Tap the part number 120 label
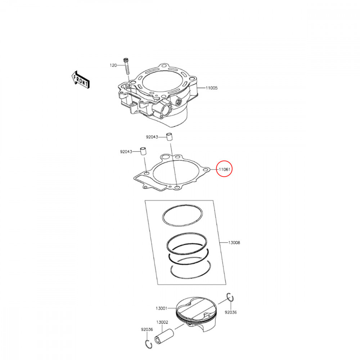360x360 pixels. (113, 65)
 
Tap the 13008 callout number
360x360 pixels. (234, 243)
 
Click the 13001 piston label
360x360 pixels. (161, 308)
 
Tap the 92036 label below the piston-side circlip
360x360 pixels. (231, 312)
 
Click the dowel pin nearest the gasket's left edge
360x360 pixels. (143, 151)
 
